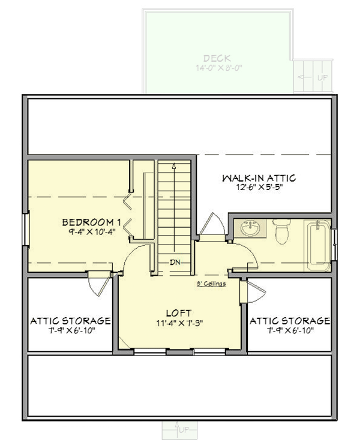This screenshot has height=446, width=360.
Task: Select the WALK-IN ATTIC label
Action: [x=259, y=178]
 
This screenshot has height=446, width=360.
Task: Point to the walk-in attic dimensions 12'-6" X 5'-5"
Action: [x=259, y=188]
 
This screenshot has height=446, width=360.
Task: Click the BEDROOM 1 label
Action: [x=92, y=223]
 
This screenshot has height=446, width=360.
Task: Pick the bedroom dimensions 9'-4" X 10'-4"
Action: [x=92, y=232]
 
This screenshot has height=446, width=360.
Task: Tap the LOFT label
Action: [x=179, y=313]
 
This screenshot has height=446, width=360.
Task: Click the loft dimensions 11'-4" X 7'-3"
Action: [x=179, y=323]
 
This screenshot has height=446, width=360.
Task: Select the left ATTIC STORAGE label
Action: [x=70, y=321]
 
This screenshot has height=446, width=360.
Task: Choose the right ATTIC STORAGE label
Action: [x=290, y=321]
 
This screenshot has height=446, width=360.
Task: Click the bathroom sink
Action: [x=251, y=229]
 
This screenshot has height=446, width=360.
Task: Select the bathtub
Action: [x=317, y=243]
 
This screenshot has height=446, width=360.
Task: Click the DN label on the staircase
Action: [x=175, y=262]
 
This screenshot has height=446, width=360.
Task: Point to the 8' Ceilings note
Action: [x=211, y=284]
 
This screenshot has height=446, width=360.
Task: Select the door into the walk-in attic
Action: [x=212, y=227]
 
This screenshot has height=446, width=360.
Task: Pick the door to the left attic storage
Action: [x=97, y=282]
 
